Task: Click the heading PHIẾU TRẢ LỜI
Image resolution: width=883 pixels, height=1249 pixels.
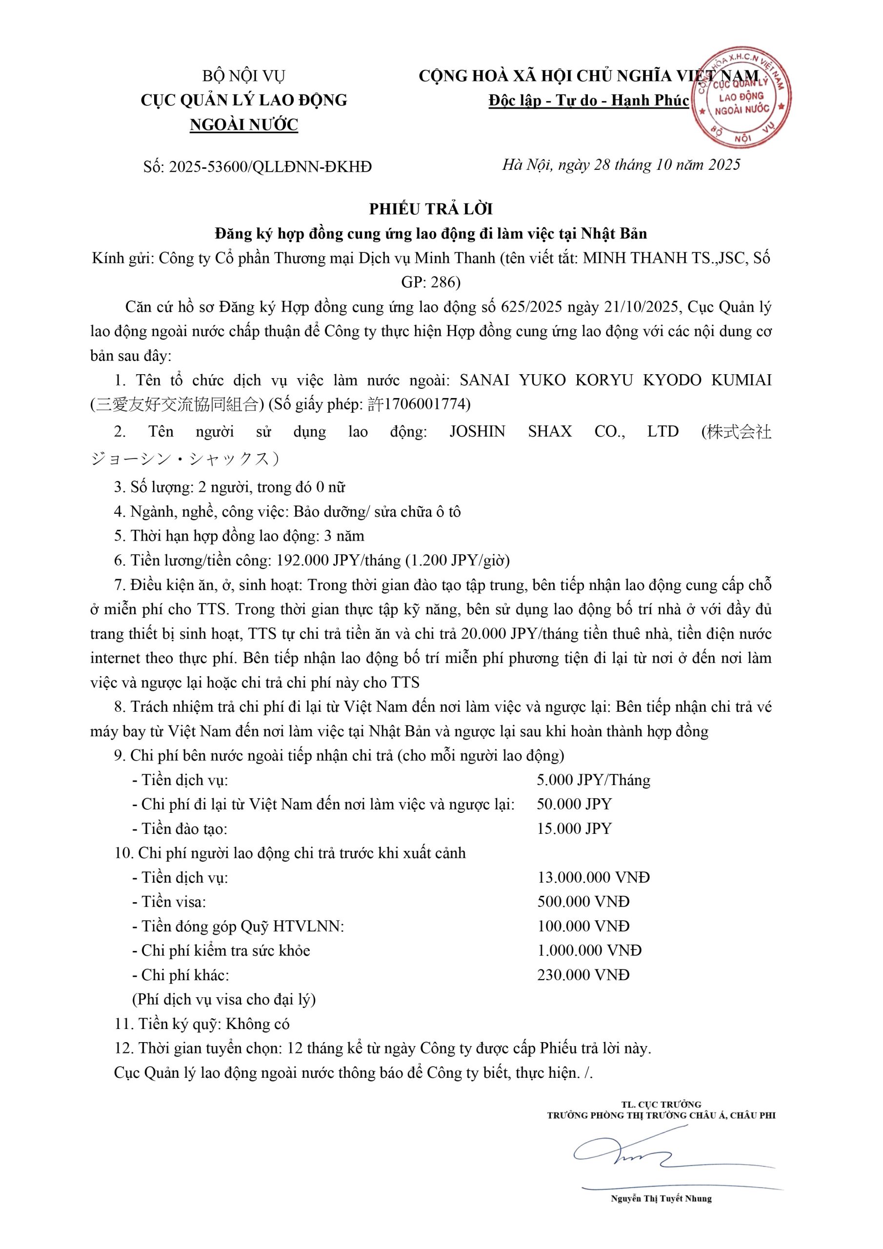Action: point(431,209)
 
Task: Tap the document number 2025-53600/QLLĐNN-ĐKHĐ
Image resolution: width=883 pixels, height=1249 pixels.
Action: point(270,167)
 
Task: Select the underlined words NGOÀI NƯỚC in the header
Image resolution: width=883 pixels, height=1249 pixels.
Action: point(244,125)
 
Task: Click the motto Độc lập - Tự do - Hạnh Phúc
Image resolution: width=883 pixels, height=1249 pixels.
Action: point(589,101)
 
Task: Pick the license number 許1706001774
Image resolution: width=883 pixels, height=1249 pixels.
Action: point(419,404)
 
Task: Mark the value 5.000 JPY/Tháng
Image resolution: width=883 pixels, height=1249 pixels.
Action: point(593,780)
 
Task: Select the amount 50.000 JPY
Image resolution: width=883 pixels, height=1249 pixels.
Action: point(574,804)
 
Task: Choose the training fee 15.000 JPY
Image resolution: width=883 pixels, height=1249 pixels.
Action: point(574,828)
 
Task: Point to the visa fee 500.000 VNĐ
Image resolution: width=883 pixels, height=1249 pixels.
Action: point(583,902)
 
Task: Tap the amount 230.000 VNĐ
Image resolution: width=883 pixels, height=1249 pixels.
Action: point(583,975)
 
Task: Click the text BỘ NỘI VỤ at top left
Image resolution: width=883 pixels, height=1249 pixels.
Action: point(244,76)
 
